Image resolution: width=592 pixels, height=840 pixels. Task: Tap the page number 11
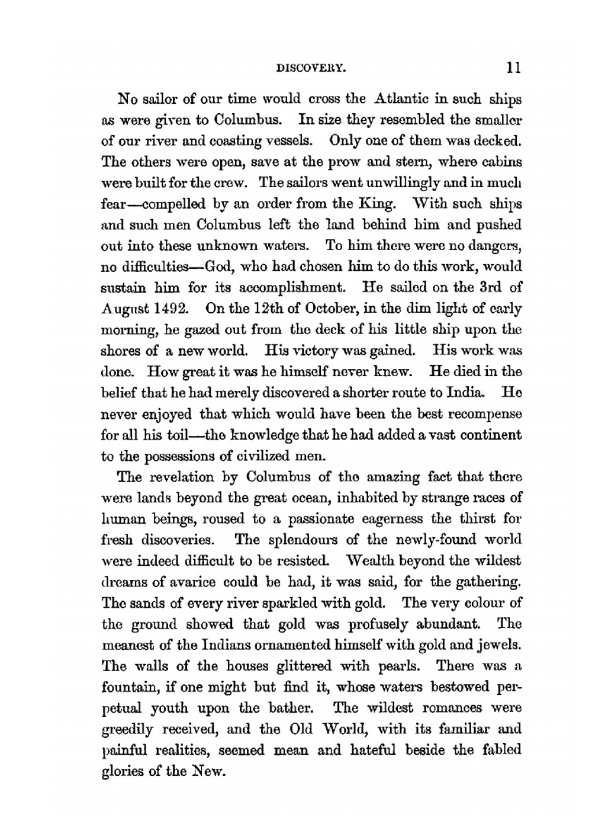513,67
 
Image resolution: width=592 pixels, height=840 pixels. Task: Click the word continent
492,435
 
